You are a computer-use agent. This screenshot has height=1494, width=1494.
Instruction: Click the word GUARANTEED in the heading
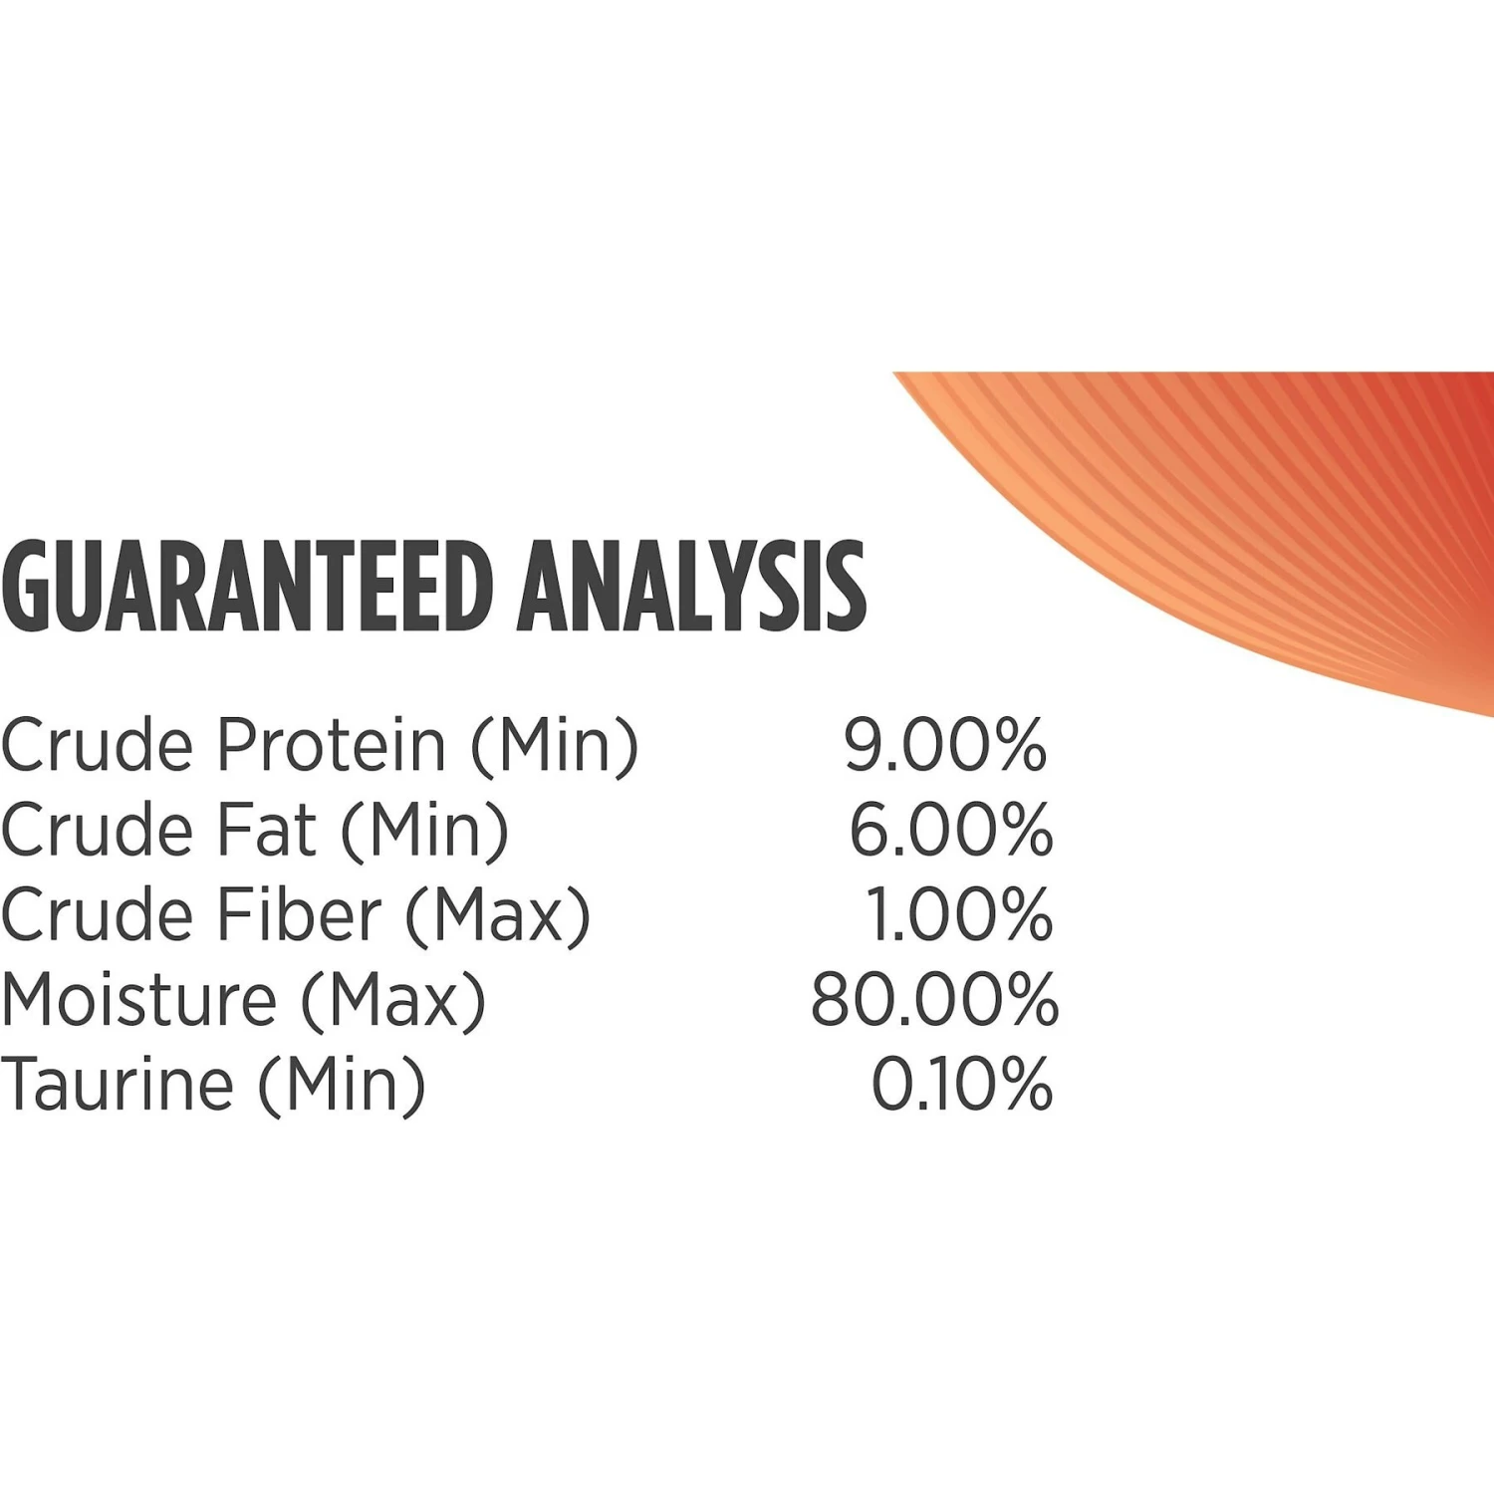pos(248,586)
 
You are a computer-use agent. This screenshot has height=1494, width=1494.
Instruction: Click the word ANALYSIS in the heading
pos(691,586)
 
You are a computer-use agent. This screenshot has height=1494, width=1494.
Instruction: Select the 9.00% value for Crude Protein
pos(945,744)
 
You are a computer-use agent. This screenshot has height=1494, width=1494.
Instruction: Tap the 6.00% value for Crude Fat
pos(950,829)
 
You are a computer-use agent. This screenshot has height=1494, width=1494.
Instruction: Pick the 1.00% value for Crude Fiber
pos(958,914)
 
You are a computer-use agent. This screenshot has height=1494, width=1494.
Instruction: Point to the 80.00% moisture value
pos(934,999)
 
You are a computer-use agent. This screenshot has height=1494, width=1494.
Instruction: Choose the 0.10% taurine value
pos(962,1084)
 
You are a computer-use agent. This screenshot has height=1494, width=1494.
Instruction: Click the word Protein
pos(332,744)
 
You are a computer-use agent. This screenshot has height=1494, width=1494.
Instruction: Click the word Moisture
pos(139,999)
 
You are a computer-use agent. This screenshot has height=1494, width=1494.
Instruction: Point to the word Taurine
pos(118,1084)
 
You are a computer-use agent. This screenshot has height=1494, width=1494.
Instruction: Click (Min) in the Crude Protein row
pos(555,746)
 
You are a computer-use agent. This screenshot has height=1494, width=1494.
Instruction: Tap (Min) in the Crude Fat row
pos(425,831)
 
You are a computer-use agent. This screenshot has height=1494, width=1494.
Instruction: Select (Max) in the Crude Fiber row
pos(498,916)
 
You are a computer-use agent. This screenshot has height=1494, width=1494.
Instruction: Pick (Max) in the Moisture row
pos(393,1001)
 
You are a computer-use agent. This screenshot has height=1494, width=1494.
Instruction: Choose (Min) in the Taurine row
pos(342,1086)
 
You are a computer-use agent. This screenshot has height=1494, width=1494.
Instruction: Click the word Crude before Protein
pos(98,744)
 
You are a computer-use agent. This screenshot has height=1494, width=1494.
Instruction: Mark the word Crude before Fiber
pos(98,914)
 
